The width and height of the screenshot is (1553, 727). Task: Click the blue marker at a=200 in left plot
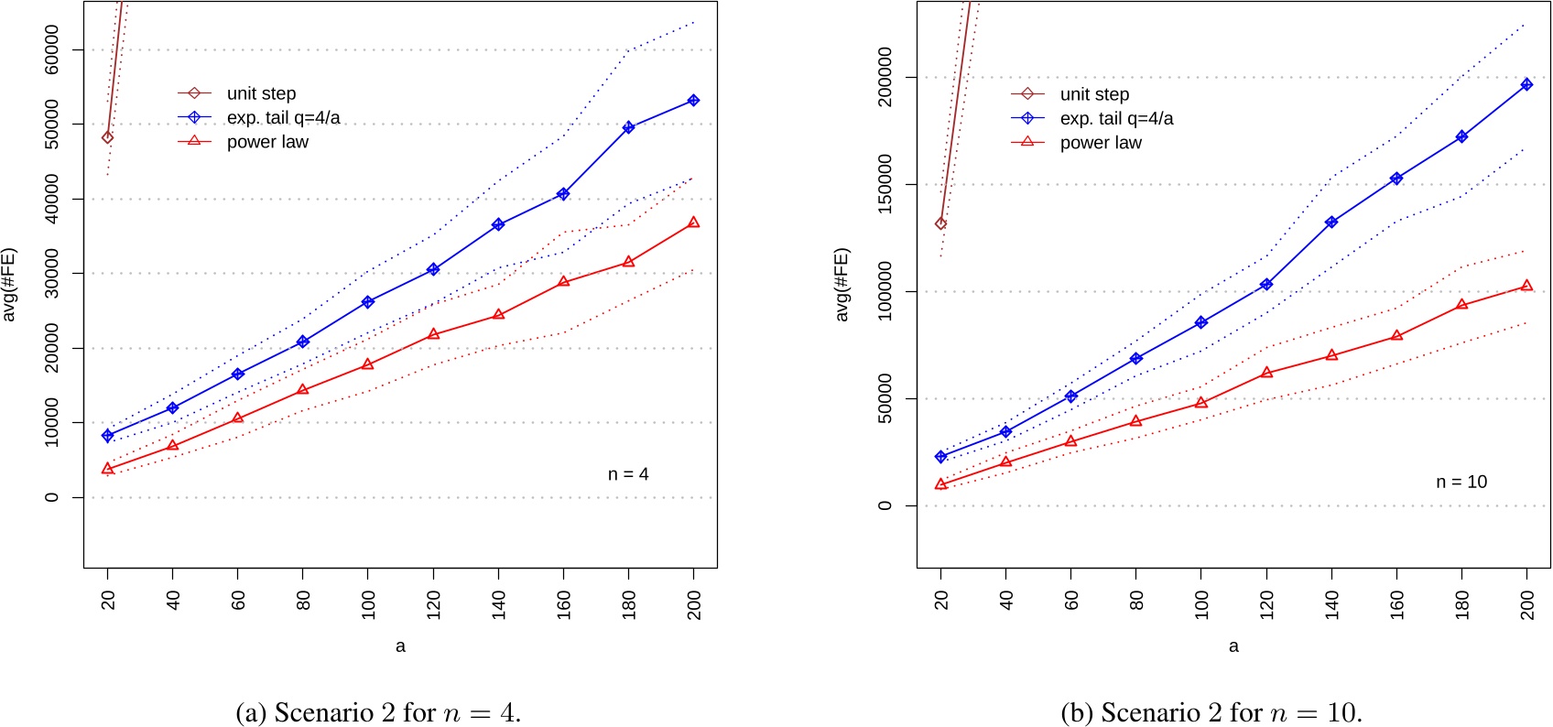click(693, 101)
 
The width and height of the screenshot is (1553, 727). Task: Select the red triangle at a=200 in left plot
click(693, 222)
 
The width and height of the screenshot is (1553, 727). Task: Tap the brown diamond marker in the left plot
click(108, 137)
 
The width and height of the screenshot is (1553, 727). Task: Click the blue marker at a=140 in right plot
click(1331, 222)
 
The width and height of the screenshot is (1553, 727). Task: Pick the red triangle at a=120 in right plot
click(1266, 373)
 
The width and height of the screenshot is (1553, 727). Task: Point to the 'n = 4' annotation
click(628, 474)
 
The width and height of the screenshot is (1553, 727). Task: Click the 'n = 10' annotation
click(1461, 483)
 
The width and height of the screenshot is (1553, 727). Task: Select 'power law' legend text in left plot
click(267, 142)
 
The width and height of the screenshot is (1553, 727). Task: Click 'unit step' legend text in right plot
click(1094, 94)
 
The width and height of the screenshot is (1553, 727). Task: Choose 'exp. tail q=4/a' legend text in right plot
click(1116, 119)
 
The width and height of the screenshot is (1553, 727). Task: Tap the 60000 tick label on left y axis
click(52, 49)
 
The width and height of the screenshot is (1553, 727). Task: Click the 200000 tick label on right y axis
click(885, 78)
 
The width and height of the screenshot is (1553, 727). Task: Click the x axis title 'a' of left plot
click(400, 646)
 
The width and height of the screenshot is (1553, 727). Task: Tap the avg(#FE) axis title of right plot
click(842, 285)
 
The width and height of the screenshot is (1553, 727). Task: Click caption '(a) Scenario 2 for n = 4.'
click(378, 712)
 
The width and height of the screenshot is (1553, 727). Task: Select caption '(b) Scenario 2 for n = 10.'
click(1211, 712)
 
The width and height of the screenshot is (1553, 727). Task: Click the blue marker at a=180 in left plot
click(628, 127)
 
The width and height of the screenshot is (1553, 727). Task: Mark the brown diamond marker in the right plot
click(940, 223)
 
